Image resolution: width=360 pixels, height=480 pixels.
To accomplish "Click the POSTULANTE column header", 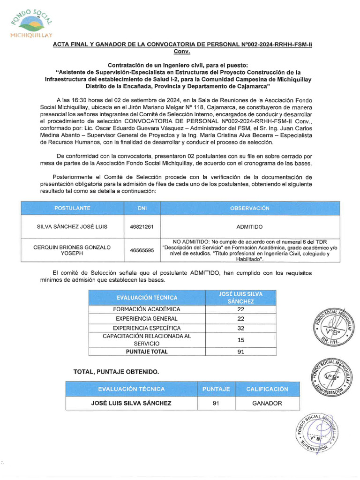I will point(72,208).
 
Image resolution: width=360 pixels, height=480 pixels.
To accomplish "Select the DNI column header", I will point(142,208).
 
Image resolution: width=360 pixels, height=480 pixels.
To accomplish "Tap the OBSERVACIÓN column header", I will point(249,208).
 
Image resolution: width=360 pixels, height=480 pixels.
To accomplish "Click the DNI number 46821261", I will point(142,226).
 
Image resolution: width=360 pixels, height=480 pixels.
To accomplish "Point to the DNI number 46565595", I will point(142,250).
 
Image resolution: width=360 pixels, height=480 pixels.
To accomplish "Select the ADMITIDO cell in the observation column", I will point(249,226).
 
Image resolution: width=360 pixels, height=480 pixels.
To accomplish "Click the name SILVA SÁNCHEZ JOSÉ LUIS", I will point(72,226).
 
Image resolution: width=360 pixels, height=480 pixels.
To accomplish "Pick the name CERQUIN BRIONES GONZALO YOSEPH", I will point(72,250).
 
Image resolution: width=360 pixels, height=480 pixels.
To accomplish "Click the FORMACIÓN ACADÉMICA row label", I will point(147,309).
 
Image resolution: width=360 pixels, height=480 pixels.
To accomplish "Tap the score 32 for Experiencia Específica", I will point(240,328).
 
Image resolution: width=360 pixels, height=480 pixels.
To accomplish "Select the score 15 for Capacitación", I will point(240,340).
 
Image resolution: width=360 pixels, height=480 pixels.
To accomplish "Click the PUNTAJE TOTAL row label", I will point(147,351).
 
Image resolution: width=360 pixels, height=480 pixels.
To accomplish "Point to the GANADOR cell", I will point(267,403).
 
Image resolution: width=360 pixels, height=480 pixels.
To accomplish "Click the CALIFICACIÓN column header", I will point(267,389).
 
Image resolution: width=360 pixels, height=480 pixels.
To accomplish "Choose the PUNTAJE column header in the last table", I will point(216,389).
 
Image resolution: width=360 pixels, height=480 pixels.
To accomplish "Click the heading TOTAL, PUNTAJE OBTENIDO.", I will point(116,372).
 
